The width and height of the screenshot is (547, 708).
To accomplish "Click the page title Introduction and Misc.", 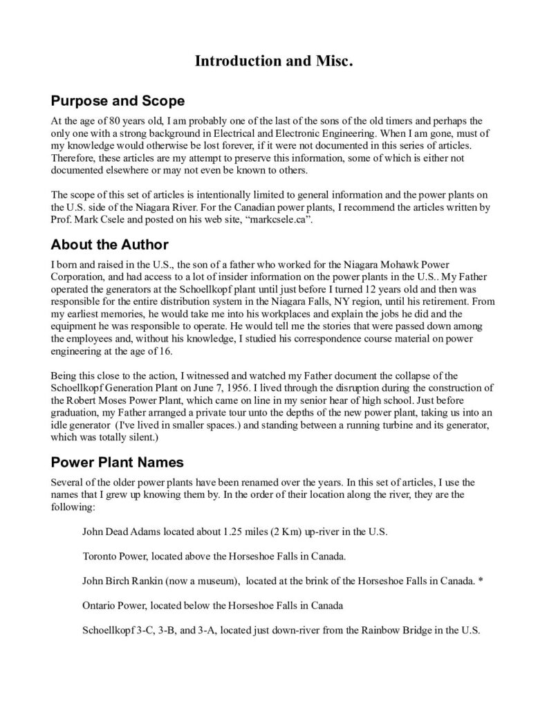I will point(274,62).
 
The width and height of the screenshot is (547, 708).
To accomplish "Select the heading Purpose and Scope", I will point(118,102).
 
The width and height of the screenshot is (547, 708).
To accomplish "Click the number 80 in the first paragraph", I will point(106,121).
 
